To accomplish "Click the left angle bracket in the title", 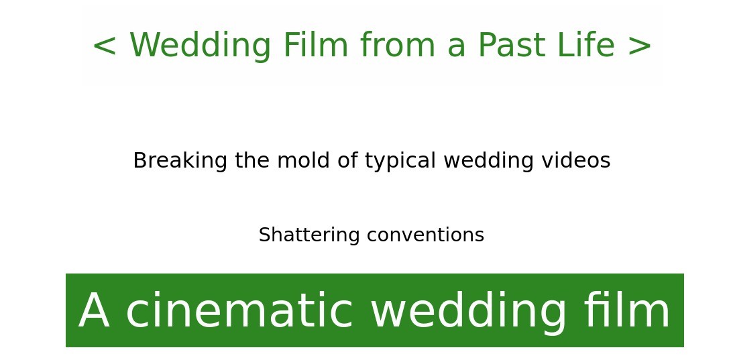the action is pyautogui.click(x=104, y=46).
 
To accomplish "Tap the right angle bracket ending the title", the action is pyautogui.click(x=640, y=46).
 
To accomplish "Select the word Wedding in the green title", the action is pyautogui.click(x=200, y=46).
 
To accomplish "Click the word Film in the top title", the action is pyautogui.click(x=316, y=45).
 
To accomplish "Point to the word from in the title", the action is pyautogui.click(x=398, y=45).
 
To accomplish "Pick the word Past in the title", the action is pyautogui.click(x=512, y=45).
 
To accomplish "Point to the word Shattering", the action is pyautogui.click(x=309, y=235).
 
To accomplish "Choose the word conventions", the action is pyautogui.click(x=425, y=235).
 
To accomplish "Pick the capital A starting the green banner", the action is pyautogui.click(x=94, y=310).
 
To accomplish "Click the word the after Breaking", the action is pyautogui.click(x=252, y=161).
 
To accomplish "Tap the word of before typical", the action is pyautogui.click(x=348, y=161).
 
